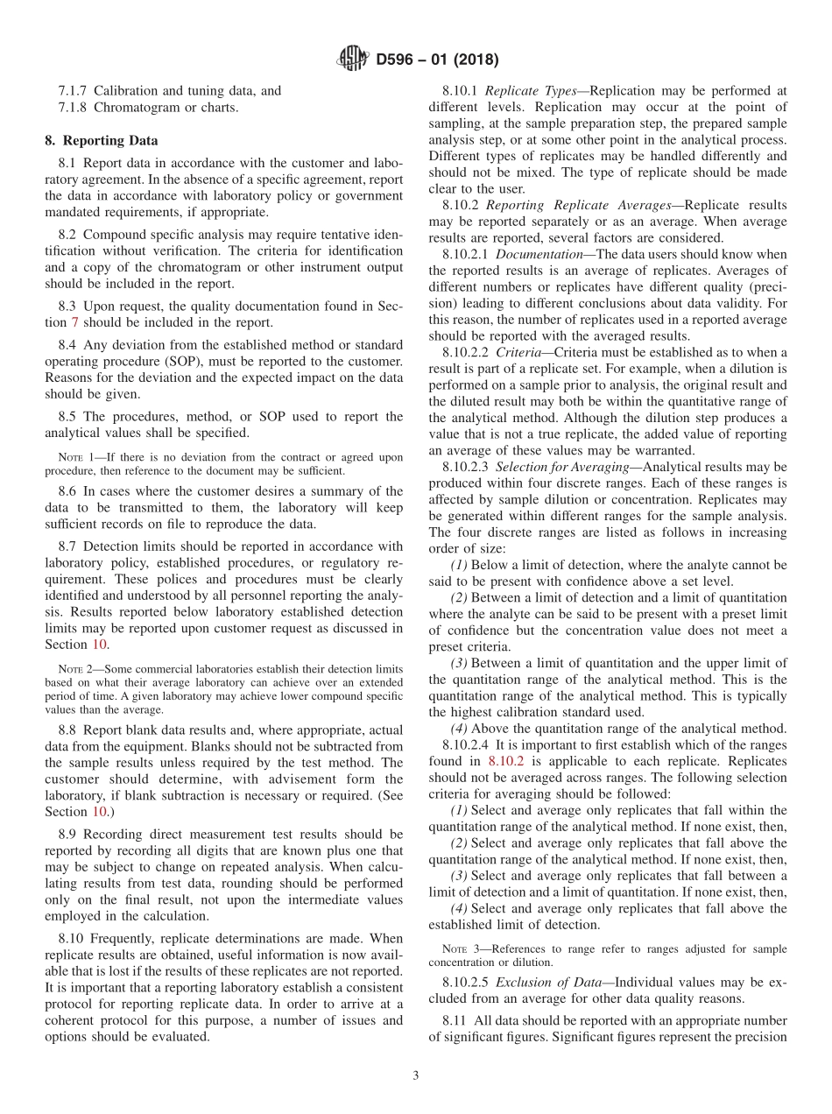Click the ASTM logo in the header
(x=353, y=60)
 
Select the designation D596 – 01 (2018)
(x=437, y=60)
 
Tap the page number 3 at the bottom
(x=415, y=1075)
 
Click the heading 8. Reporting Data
(x=102, y=140)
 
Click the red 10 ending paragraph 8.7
(x=100, y=644)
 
